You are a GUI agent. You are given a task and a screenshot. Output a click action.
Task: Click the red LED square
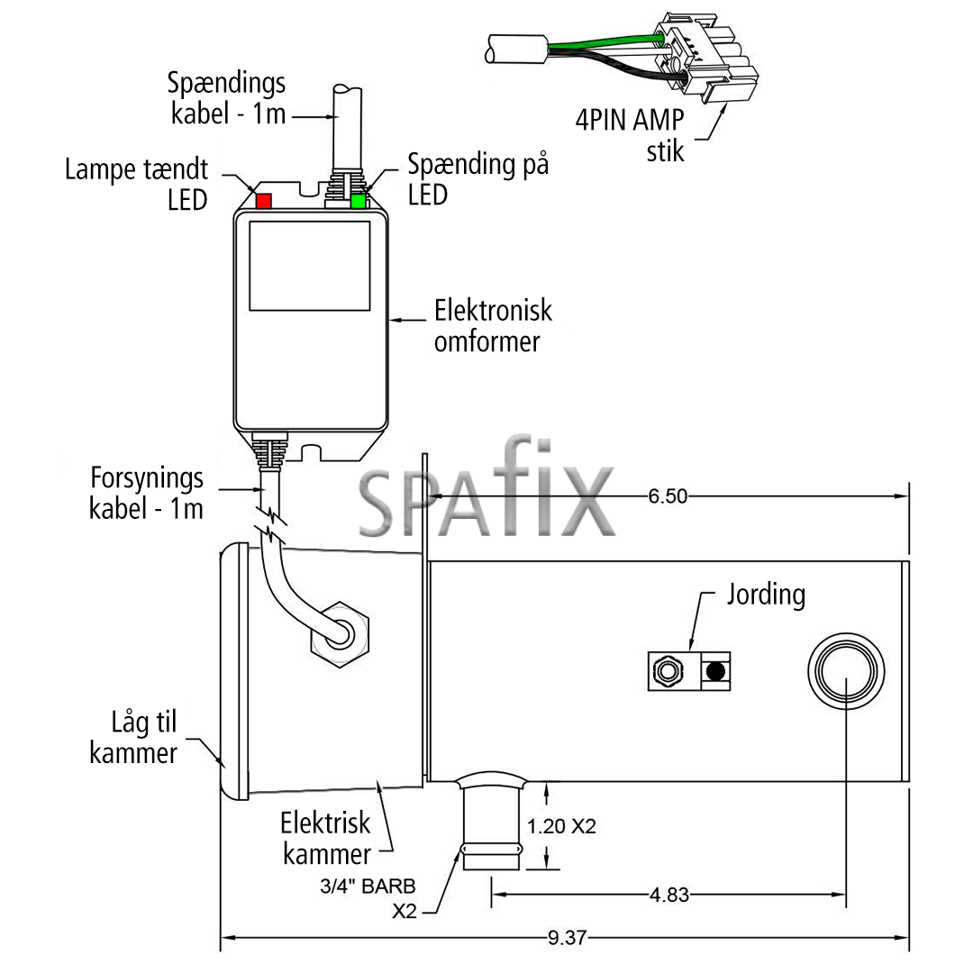(x=264, y=201)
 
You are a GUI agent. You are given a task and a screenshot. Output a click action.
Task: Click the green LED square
(x=358, y=201)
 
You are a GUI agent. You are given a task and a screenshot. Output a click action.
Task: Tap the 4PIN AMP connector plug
(x=707, y=56)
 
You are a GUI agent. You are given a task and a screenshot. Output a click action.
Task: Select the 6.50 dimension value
(x=668, y=496)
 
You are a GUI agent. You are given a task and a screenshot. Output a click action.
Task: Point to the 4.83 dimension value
(x=668, y=895)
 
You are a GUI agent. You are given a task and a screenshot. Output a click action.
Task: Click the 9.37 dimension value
(x=567, y=937)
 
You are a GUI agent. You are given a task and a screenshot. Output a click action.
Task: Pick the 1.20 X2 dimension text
(x=561, y=826)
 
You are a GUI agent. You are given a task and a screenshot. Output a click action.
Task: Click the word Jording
(x=767, y=595)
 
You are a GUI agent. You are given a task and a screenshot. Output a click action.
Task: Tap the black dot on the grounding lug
(x=715, y=671)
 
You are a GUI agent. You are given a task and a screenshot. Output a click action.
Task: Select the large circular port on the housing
(x=846, y=671)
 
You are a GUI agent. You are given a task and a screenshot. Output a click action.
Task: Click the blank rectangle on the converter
(x=310, y=266)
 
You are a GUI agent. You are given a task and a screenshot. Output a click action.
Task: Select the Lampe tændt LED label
(x=137, y=185)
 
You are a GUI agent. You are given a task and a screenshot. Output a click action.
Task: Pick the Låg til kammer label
(x=133, y=738)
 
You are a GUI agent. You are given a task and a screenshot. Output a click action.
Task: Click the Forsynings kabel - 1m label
(x=147, y=494)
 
